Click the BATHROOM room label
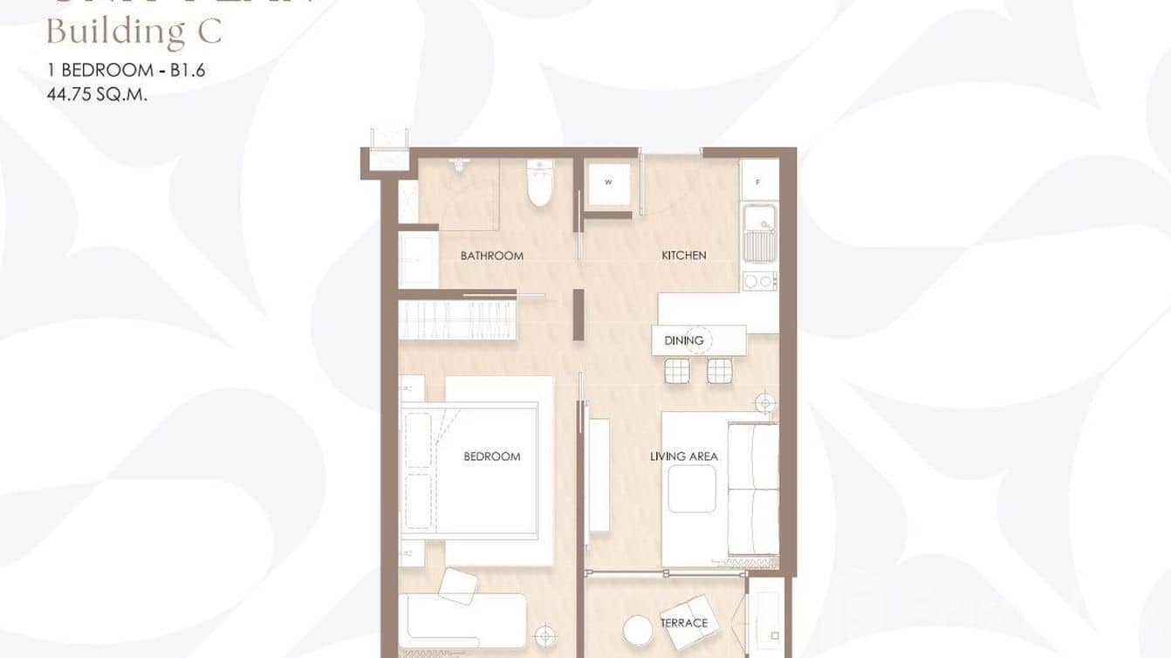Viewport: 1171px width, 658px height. pyautogui.click(x=492, y=256)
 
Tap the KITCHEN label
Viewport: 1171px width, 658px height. pyautogui.click(x=684, y=256)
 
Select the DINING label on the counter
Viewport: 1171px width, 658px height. pyautogui.click(x=683, y=340)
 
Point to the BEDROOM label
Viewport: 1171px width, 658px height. pyautogui.click(x=492, y=456)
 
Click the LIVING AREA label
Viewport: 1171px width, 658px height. pyautogui.click(x=684, y=456)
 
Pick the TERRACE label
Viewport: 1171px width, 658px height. pyautogui.click(x=684, y=622)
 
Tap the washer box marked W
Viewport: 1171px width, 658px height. pyautogui.click(x=608, y=183)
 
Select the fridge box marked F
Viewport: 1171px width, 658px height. pyautogui.click(x=759, y=182)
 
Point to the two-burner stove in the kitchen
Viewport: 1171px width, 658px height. pyautogui.click(x=758, y=281)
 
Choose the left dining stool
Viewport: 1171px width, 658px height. pyautogui.click(x=677, y=371)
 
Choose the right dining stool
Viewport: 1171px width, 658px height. pyautogui.click(x=720, y=371)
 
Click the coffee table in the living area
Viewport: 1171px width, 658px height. pyautogui.click(x=692, y=489)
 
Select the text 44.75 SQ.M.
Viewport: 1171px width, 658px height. pyautogui.click(x=96, y=95)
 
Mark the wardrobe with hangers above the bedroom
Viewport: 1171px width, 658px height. pyautogui.click(x=457, y=319)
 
